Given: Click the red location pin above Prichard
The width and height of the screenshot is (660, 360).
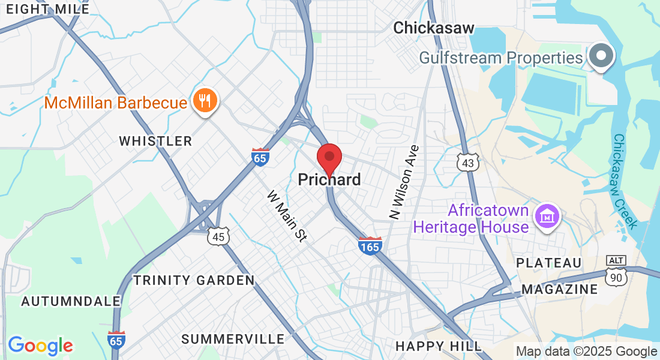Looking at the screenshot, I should [x=329, y=158].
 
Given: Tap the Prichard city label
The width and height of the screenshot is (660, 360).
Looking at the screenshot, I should [x=329, y=179].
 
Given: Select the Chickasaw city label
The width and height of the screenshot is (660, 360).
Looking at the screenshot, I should [x=434, y=28].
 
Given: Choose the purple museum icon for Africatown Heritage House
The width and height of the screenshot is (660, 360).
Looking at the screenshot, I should [x=547, y=215].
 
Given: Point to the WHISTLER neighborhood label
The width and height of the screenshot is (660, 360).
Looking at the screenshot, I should [x=155, y=141].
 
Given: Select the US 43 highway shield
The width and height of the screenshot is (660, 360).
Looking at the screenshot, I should [x=468, y=163].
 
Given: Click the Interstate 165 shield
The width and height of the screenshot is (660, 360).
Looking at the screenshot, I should [x=370, y=245].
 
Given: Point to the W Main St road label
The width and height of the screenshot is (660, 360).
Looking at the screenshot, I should [x=287, y=216].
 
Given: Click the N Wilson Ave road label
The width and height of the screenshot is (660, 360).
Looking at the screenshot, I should [x=403, y=181].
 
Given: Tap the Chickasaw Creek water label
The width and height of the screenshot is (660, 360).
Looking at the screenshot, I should [x=625, y=180].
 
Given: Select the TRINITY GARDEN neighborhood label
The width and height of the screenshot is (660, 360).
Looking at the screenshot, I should [x=194, y=280].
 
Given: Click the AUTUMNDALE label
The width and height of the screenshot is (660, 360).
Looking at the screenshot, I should [x=60, y=301].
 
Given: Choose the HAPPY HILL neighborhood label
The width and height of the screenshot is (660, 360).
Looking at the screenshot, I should [x=439, y=346].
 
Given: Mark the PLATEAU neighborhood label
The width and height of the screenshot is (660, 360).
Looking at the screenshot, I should [x=549, y=263].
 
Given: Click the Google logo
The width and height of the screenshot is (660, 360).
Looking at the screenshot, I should [x=40, y=346].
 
